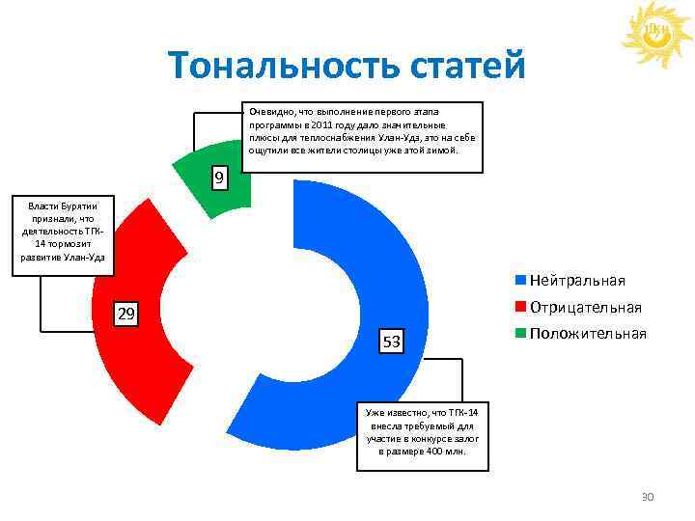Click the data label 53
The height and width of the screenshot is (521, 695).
coord(392,343)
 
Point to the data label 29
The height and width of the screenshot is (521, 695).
coord(125,315)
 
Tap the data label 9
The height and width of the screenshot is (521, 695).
coord(220,178)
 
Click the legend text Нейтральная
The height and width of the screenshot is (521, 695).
coord(577,281)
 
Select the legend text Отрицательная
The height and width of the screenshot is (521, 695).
coord(585,307)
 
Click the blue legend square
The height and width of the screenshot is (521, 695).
coord(520,281)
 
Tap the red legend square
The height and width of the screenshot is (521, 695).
coord(520,307)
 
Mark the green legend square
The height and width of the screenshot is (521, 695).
coord(520,334)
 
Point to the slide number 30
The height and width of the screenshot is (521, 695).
coord(648,497)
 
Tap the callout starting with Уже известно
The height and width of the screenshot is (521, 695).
coord(422,434)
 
